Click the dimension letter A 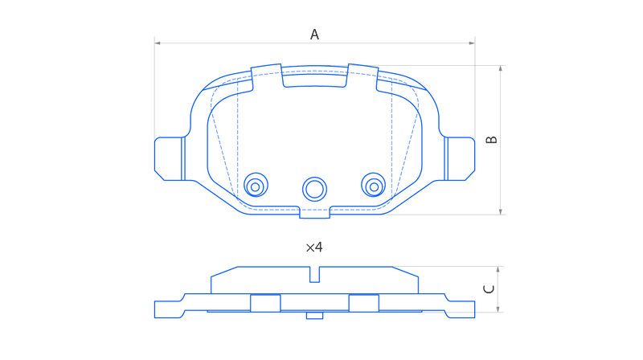point(314,35)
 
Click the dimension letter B point(491,140)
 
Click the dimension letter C point(489,289)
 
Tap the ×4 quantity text point(314,247)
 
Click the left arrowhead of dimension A point(158,43)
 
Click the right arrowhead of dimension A point(472,43)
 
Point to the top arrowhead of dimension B point(501,68)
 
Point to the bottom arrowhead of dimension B point(501,211)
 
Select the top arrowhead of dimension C point(498,269)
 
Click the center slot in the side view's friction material point(314,274)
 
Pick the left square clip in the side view point(265,303)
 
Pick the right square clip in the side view point(364,303)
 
